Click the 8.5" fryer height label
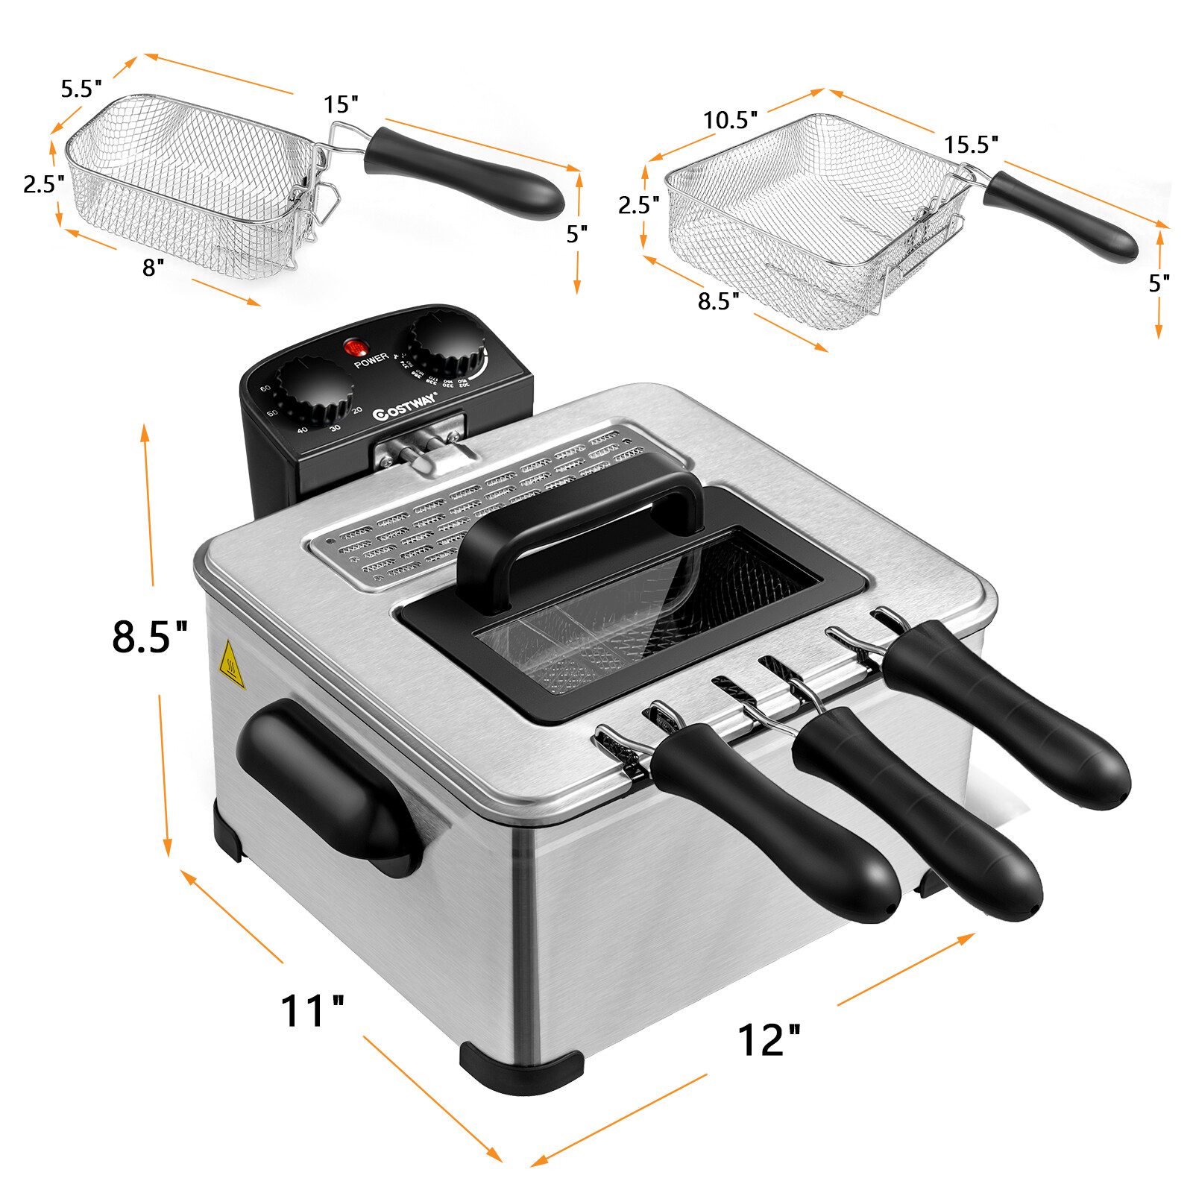click(149, 637)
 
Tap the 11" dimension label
click(312, 1012)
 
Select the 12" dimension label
click(768, 1039)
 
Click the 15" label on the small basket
click(341, 105)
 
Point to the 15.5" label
click(971, 145)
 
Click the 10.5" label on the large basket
click(730, 120)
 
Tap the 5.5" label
click(81, 89)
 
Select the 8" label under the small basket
click(153, 268)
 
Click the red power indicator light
click(356, 347)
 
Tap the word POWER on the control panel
click(371, 361)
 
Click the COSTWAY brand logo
click(404, 406)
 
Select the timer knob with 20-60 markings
click(313, 391)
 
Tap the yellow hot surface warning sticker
click(232, 664)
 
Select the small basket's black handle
click(462, 171)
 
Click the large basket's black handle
click(1059, 216)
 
